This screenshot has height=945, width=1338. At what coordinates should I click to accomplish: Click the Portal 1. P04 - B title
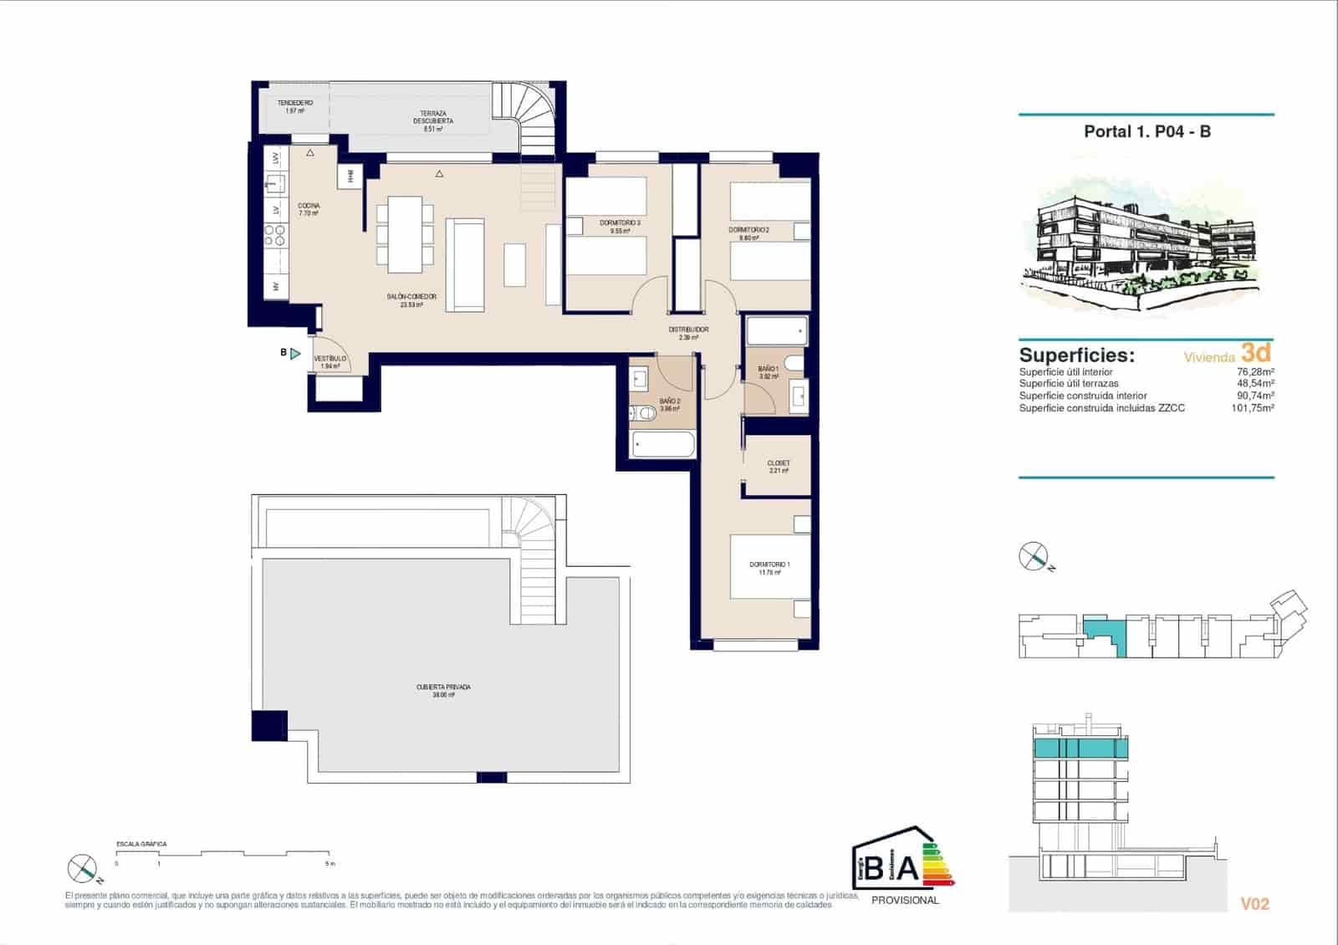[1146, 131]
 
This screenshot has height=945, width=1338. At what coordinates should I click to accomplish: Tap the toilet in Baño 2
[644, 412]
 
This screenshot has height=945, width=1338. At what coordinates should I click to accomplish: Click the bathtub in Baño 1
[777, 331]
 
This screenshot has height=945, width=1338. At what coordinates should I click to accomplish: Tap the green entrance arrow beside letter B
[295, 354]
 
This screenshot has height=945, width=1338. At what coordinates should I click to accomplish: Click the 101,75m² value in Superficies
[1252, 408]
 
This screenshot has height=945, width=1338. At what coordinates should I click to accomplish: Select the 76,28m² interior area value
[1255, 372]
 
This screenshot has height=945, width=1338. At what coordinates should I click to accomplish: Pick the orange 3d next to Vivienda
[1256, 352]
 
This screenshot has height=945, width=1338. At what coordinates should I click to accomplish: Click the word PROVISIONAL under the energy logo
[905, 901]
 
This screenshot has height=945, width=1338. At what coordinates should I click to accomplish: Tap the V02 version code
[1254, 904]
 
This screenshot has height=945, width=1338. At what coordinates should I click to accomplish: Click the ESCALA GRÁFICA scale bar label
[141, 844]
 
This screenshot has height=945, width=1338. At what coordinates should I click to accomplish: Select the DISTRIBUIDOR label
[688, 329]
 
